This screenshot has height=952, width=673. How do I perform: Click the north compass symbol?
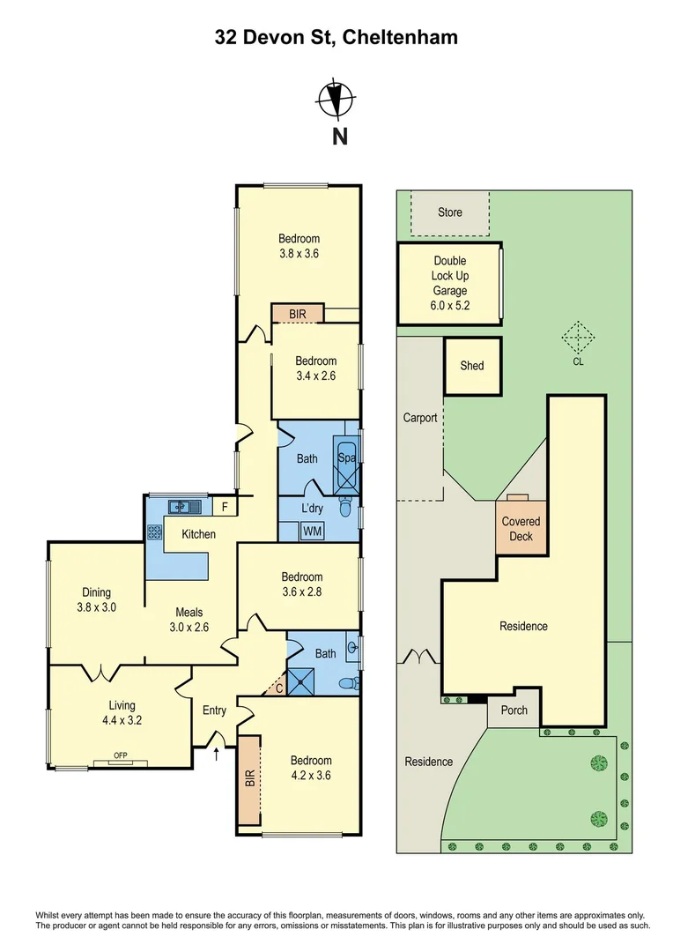coord(336,99)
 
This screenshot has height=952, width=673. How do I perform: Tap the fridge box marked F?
coord(225,506)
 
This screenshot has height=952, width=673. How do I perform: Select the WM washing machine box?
coord(313,532)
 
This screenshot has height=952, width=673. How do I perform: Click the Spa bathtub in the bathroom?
coord(346,465)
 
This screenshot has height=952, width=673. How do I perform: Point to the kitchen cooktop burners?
coord(154,532)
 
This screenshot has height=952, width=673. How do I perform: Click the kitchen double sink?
coord(185,505)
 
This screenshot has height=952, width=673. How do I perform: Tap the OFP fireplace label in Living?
coord(120,755)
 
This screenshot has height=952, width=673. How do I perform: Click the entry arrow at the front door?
coord(217,754)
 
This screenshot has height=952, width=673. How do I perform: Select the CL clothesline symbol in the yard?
coord(577,338)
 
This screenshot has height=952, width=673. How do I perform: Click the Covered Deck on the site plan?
coord(521,528)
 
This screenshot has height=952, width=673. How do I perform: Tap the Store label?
coord(449,212)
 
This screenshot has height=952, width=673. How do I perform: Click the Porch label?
coord(514,710)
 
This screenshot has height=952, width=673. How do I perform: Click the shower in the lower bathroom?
coord(301,681)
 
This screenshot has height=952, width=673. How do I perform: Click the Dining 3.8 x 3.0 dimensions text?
coord(97,607)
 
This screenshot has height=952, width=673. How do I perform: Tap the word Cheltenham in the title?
coord(400,38)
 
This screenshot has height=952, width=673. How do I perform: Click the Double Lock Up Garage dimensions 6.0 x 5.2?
coord(449,305)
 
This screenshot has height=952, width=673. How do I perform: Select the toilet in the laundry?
coord(344,508)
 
